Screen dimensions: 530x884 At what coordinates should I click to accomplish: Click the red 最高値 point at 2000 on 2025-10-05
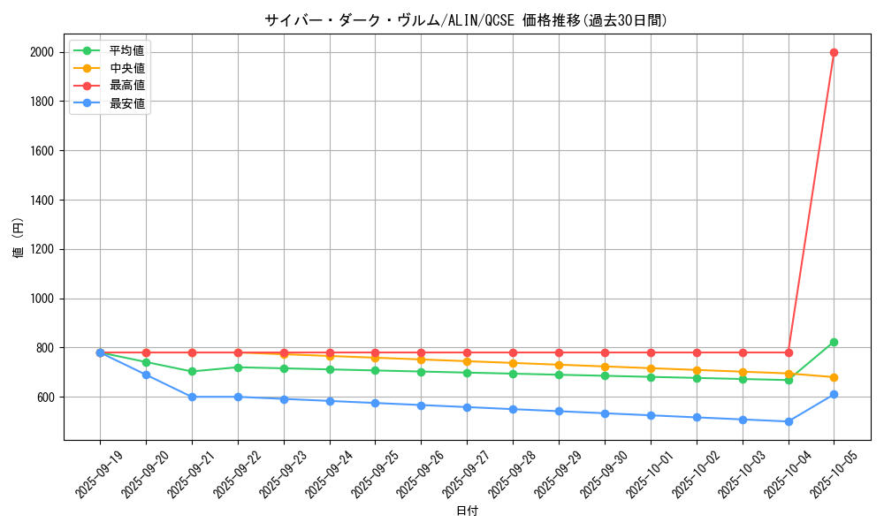834,52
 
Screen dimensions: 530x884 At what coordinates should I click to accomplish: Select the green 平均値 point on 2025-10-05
834,342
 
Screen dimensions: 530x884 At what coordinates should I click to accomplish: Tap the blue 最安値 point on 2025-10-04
789,421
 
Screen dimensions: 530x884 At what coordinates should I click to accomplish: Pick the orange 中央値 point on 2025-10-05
834,377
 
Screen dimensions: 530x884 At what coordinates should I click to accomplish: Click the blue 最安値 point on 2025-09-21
192,397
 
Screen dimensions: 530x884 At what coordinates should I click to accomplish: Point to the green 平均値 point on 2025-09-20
146,362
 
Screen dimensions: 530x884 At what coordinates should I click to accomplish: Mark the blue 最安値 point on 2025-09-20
146,375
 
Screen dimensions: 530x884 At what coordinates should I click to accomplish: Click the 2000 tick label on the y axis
41,52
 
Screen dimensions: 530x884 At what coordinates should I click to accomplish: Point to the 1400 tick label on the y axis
41,201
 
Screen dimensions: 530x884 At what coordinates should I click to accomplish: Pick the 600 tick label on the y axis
44,397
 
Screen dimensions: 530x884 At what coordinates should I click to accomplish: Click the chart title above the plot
466,19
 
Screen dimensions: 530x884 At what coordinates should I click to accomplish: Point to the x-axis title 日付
467,511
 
